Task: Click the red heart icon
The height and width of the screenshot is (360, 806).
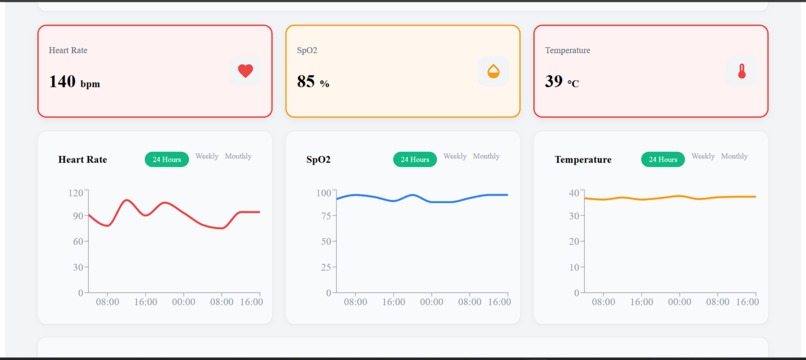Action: click(x=245, y=71)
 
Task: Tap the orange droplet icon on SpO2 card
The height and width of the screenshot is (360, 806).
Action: click(x=493, y=71)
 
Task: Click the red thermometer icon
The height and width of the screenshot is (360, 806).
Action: click(x=742, y=71)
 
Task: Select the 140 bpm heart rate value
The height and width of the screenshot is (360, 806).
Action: click(x=75, y=82)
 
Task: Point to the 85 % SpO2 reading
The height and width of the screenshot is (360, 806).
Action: click(x=313, y=82)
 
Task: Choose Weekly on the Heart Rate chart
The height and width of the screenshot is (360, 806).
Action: click(x=207, y=157)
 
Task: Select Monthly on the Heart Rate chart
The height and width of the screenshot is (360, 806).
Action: click(x=238, y=157)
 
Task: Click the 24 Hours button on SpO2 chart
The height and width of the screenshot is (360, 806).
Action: click(x=415, y=159)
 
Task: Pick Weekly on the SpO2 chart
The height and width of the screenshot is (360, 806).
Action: click(x=455, y=157)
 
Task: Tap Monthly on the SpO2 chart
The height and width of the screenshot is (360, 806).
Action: click(x=486, y=157)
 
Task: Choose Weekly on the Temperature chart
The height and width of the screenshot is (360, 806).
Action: click(x=703, y=157)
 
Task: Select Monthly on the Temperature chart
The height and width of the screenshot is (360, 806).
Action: click(x=734, y=157)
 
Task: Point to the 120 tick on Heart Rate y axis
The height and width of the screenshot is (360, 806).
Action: click(x=76, y=193)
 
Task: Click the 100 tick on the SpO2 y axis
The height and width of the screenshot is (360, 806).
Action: click(x=324, y=193)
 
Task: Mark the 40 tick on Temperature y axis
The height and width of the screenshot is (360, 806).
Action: click(x=574, y=193)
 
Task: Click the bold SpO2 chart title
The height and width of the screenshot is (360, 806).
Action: click(x=318, y=160)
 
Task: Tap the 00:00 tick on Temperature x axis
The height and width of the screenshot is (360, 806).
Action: click(x=679, y=302)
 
